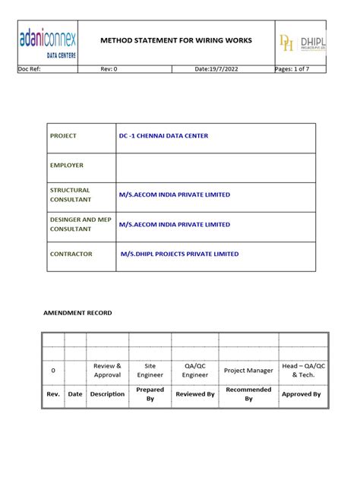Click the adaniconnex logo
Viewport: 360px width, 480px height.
click(51, 43)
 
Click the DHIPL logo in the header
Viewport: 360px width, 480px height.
click(303, 43)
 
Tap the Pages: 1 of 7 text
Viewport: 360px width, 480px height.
click(300, 69)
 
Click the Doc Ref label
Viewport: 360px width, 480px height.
click(30, 69)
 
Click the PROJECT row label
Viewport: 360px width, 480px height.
click(64, 136)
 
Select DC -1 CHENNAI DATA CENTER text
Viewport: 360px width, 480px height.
click(163, 136)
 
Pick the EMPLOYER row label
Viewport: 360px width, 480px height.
click(67, 165)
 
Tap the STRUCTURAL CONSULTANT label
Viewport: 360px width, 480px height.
click(71, 194)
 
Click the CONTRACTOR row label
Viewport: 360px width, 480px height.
click(71, 254)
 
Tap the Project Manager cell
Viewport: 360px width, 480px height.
click(248, 371)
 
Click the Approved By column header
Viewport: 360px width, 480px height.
click(302, 394)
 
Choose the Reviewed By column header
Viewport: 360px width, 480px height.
click(195, 394)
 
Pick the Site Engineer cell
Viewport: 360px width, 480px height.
click(150, 371)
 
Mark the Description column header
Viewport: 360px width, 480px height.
click(107, 394)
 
